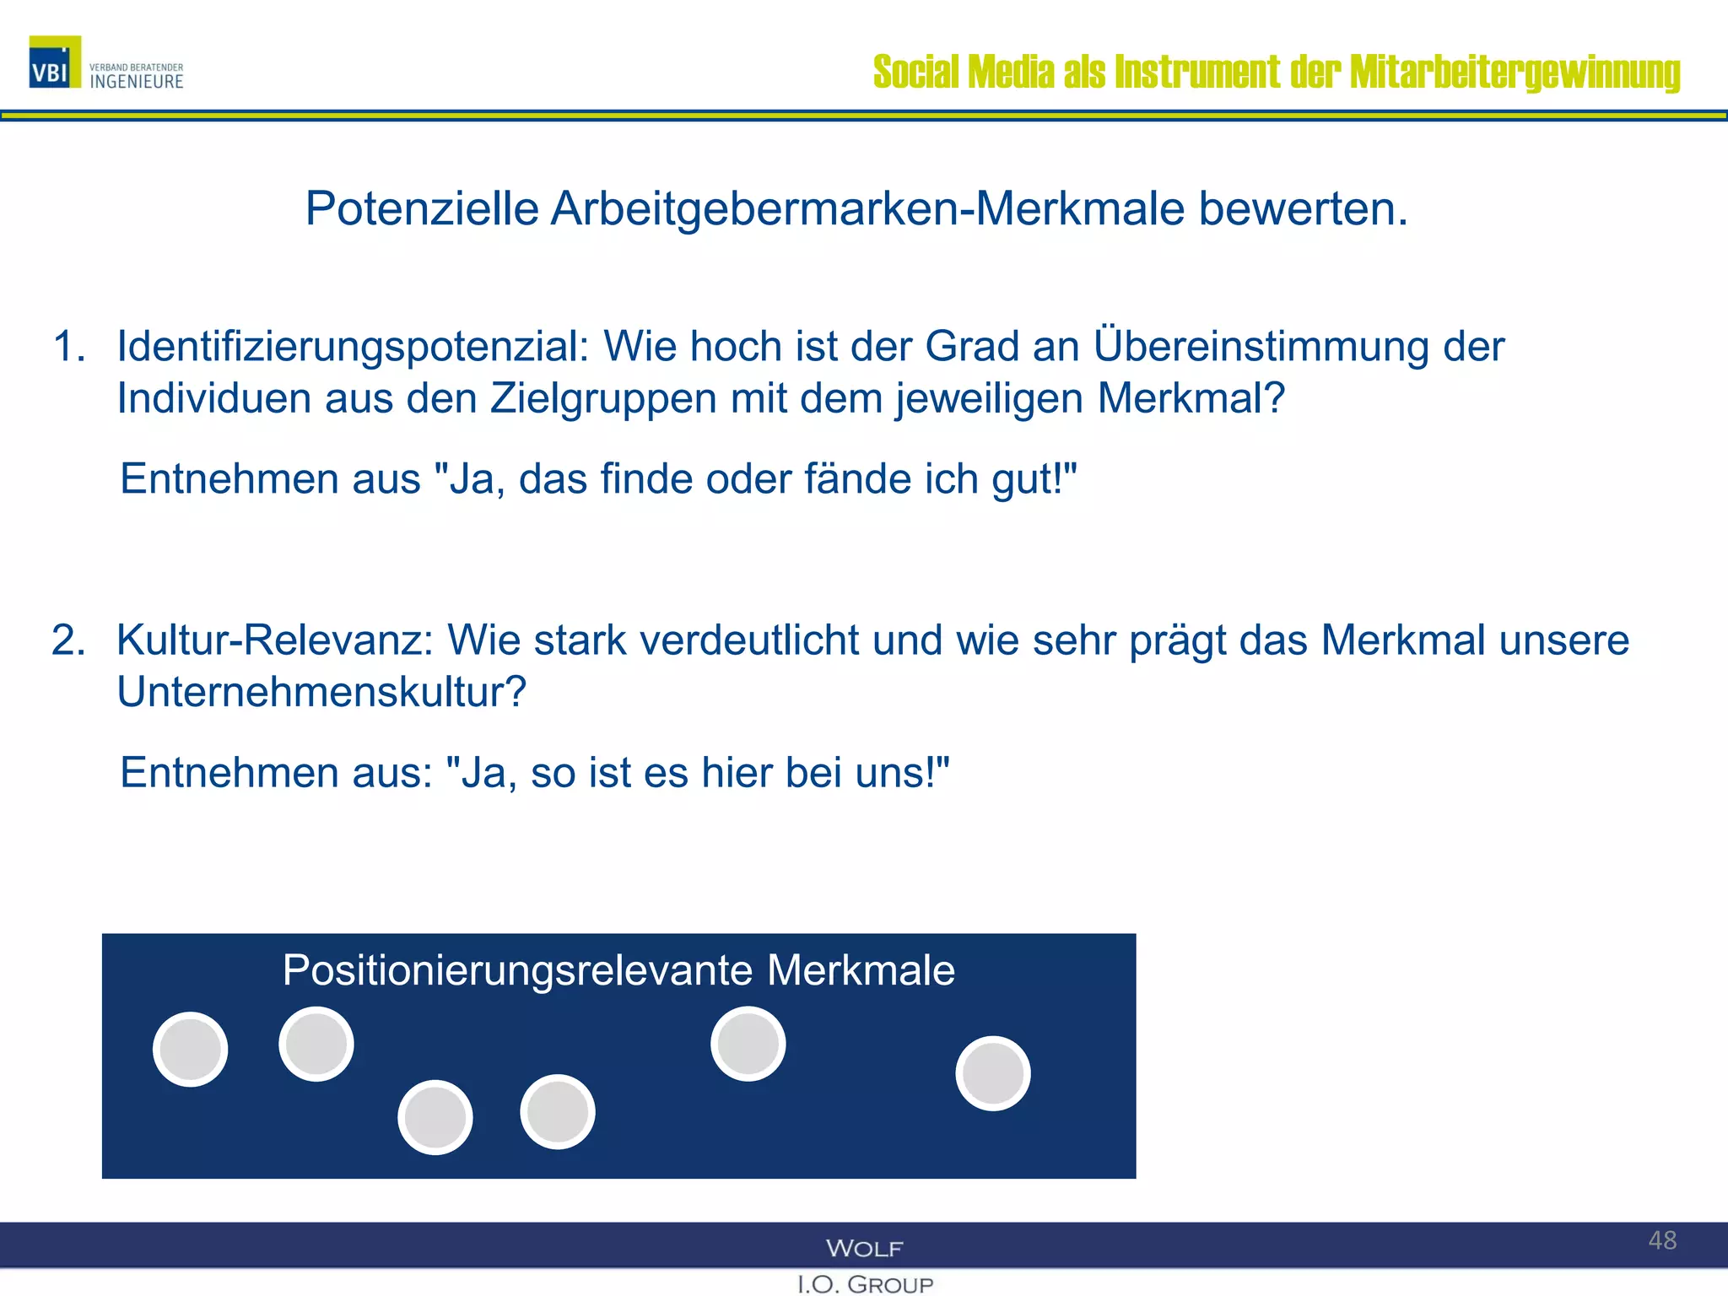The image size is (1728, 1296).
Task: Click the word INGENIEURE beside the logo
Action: pos(137,82)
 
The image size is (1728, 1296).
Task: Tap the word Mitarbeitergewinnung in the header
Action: pos(1515,73)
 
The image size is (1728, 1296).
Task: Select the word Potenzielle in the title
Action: pos(422,208)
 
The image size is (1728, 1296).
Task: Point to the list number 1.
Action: pos(68,347)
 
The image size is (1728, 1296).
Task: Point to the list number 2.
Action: pos(68,640)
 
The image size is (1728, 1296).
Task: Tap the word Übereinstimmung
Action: pos(1261,347)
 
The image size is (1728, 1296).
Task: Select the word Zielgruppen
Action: pos(603,398)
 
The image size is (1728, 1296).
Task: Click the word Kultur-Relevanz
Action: pos(274,640)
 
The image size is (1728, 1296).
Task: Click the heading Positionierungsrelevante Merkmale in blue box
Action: pos(618,970)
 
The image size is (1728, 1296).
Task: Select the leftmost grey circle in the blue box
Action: pos(191,1050)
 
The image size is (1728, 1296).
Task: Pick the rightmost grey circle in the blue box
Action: pos(993,1073)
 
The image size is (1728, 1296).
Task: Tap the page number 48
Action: pos(1662,1240)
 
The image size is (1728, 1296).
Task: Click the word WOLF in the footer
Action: pos(865,1249)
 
